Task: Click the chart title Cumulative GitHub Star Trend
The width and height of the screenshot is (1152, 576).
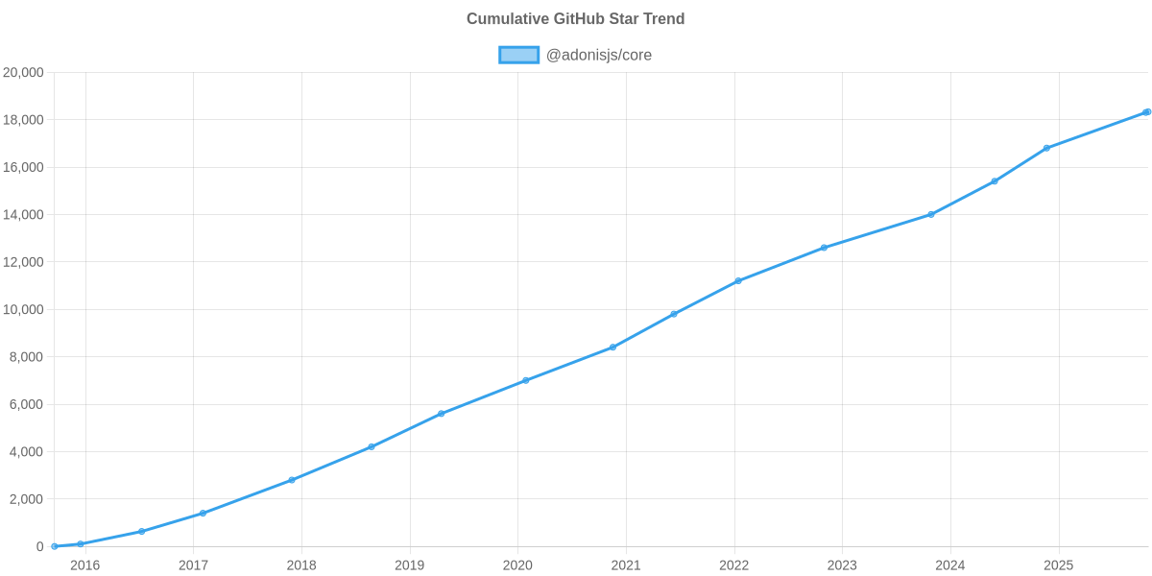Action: click(575, 19)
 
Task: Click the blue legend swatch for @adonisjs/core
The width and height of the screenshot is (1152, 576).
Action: click(518, 56)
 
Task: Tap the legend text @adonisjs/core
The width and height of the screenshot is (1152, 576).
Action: click(598, 56)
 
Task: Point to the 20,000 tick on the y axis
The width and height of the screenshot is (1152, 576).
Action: click(24, 73)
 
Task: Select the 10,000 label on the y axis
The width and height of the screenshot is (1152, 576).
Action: click(24, 310)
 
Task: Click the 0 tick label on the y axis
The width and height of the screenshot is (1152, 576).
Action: click(39, 547)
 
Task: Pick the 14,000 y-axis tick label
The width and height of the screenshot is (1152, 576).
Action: click(24, 215)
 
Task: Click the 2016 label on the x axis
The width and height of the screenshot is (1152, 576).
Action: click(85, 565)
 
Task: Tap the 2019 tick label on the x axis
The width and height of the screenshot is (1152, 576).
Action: click(410, 565)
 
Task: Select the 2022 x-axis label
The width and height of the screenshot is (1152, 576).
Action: click(734, 565)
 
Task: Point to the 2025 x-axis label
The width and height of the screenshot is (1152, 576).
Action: click(1059, 565)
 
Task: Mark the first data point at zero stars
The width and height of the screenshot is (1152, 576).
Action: click(55, 546)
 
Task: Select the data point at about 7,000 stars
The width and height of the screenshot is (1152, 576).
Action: click(525, 380)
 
